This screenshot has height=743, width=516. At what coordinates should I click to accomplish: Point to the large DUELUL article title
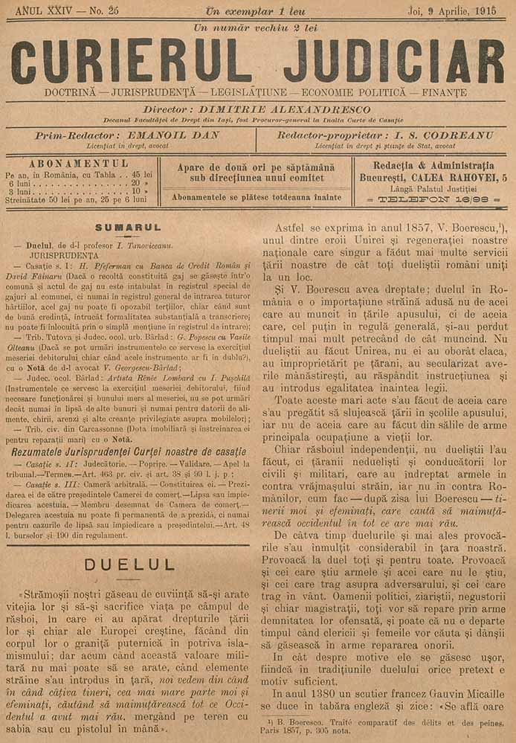point(129,565)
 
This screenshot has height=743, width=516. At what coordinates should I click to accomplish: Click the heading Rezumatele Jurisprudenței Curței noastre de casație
point(128,451)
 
